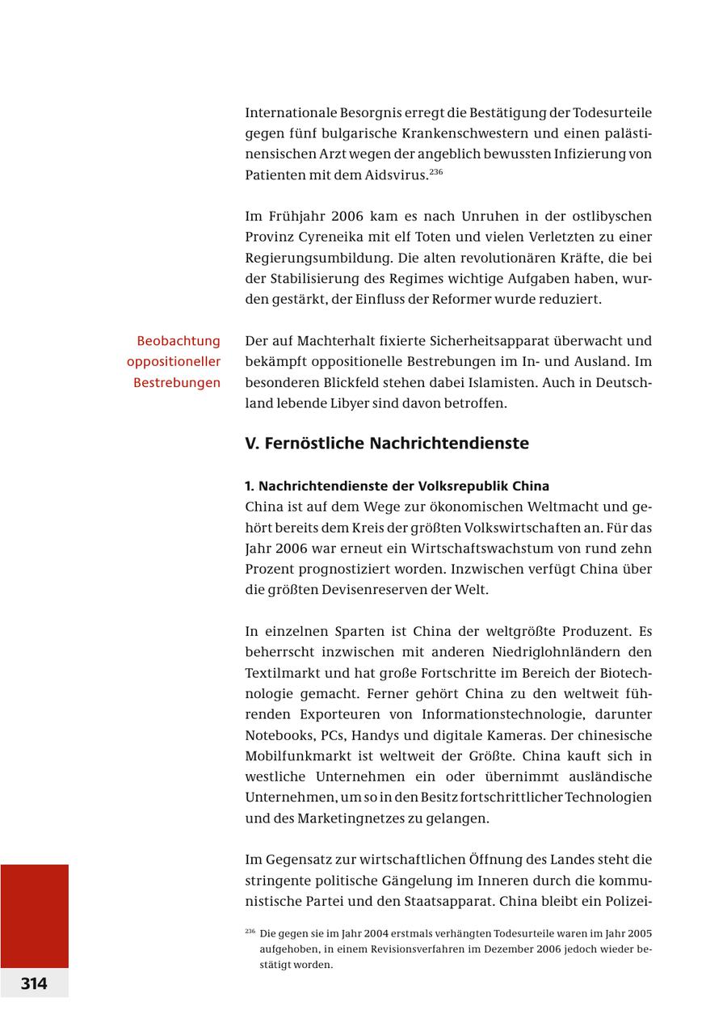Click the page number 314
click(34, 983)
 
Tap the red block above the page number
click(34, 915)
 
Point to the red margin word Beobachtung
click(179, 341)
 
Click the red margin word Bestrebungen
click(177, 382)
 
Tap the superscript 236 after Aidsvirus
click(435, 172)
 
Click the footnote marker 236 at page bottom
click(250, 932)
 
